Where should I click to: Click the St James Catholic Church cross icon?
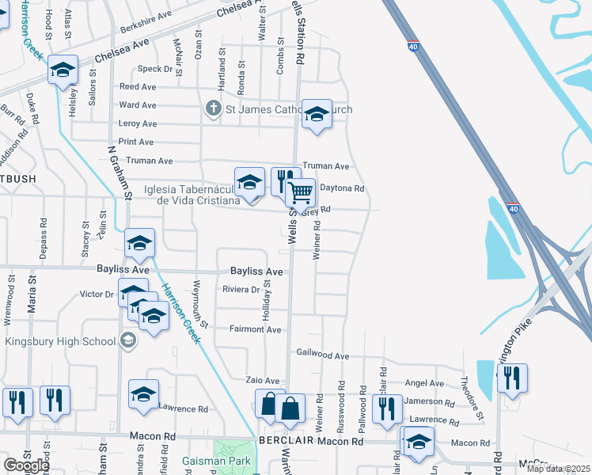point(213,108)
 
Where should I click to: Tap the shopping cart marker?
point(301,192)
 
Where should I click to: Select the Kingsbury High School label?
point(60,341)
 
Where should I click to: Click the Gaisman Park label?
point(216,460)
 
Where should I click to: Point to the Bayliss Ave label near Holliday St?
point(256,271)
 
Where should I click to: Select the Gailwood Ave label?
point(322,356)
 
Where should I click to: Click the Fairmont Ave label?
point(255,329)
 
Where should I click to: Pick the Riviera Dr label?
point(241,290)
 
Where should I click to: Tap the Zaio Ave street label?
point(263,381)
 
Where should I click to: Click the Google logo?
point(25,465)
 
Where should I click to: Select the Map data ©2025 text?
point(558,469)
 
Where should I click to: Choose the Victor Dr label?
point(97,294)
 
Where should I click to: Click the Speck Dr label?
point(157,70)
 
